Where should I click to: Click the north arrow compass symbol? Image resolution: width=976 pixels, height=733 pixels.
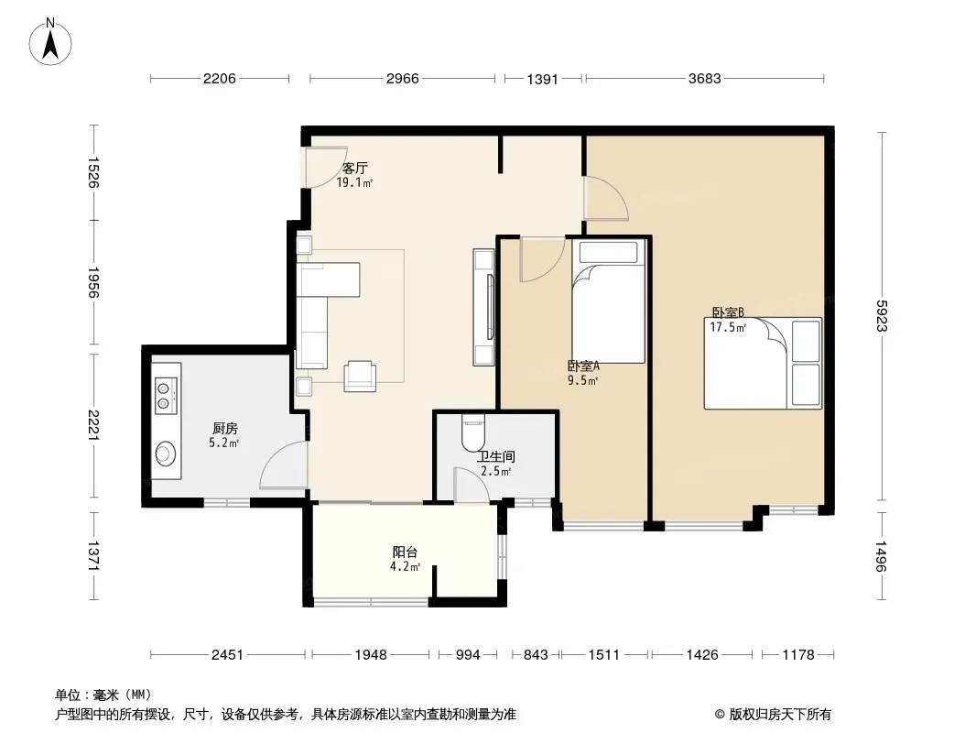click(50, 42)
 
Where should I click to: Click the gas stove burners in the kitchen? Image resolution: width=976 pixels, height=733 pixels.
click(165, 395)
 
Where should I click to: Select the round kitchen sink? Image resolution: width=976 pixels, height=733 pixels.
click(166, 454)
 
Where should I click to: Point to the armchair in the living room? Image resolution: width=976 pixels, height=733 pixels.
click(360, 377)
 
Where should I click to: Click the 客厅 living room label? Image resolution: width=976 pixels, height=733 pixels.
click(355, 169)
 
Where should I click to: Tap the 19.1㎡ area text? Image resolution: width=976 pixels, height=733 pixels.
click(354, 183)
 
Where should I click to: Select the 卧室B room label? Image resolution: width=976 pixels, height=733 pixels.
click(728, 312)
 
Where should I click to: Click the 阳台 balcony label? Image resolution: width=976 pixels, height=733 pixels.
click(405, 552)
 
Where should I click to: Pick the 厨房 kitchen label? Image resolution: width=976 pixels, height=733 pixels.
click(224, 429)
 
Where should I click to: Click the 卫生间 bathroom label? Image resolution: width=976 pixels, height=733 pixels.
click(495, 457)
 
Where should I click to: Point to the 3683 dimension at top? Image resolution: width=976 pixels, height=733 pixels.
click(705, 79)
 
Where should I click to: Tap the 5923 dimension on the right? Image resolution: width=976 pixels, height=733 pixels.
click(882, 316)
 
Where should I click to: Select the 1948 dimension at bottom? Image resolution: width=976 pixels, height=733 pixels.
click(371, 654)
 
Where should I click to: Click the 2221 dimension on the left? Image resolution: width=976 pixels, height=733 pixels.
click(92, 425)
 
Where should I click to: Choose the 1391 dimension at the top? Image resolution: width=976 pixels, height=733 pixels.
click(542, 79)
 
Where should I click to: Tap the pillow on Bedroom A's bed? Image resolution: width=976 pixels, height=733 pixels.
click(608, 252)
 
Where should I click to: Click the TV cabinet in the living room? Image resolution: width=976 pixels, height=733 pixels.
click(483, 307)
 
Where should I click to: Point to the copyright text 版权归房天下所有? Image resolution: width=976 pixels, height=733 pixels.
click(780, 715)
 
